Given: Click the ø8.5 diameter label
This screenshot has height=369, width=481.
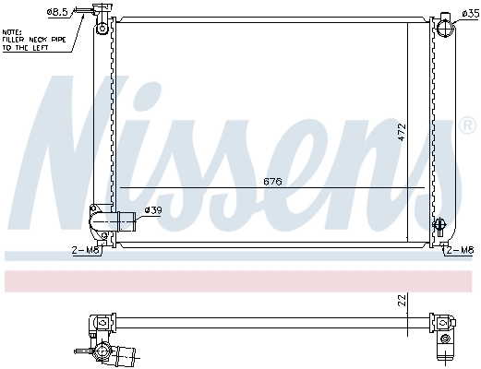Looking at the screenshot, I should click(57, 13).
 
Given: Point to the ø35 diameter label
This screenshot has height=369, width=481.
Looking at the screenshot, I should click(468, 13).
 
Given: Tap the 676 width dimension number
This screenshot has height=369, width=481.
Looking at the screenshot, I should click(272, 181).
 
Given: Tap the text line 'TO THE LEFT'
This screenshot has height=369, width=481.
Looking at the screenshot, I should click(26, 47).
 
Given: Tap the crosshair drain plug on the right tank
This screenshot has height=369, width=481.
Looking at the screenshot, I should click(440, 224).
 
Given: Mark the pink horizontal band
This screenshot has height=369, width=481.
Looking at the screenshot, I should click(240, 280).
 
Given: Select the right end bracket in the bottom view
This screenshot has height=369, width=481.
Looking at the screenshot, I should click(447, 327).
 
